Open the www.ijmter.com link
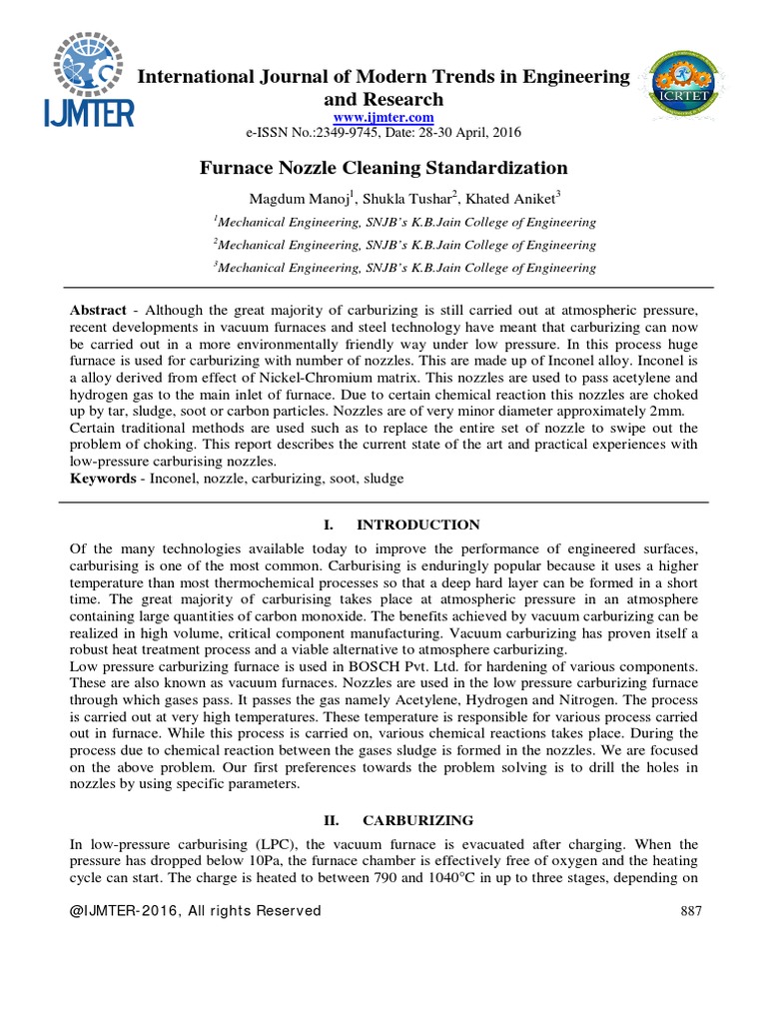tap(383, 118)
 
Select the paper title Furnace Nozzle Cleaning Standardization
tap(383, 168)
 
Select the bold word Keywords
tap(103, 479)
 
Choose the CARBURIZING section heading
tap(418, 820)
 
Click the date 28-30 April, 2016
tap(466, 133)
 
